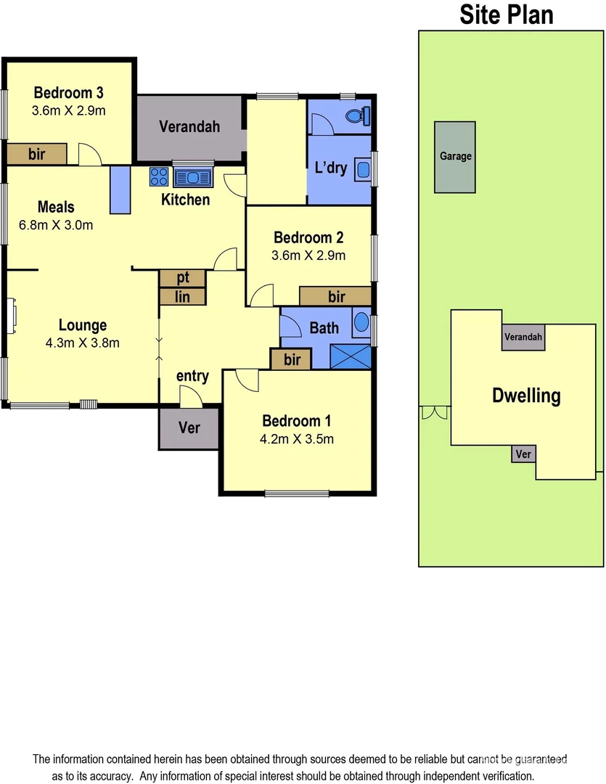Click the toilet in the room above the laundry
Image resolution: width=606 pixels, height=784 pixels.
pyautogui.click(x=358, y=115)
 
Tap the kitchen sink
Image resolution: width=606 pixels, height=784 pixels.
pyautogui.click(x=192, y=176)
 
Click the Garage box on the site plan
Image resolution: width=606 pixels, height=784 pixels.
pyautogui.click(x=455, y=157)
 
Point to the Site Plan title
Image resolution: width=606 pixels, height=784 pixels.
pyautogui.click(x=507, y=15)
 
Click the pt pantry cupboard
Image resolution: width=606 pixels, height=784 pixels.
pyautogui.click(x=183, y=278)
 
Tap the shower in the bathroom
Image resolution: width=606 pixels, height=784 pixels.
pyautogui.click(x=351, y=356)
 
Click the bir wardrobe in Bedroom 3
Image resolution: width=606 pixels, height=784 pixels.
pyautogui.click(x=37, y=154)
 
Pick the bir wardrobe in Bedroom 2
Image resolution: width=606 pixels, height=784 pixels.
pyautogui.click(x=336, y=295)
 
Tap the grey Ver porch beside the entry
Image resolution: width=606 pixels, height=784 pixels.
pyautogui.click(x=189, y=428)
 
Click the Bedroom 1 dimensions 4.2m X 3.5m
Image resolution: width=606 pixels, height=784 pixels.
pyautogui.click(x=298, y=438)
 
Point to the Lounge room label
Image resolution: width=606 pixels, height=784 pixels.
pyautogui.click(x=83, y=325)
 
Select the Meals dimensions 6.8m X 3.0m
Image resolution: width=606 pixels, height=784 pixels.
pyautogui.click(x=56, y=225)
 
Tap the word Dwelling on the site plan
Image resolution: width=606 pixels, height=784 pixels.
pyautogui.click(x=526, y=396)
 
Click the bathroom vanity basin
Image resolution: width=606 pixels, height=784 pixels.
pyautogui.click(x=361, y=323)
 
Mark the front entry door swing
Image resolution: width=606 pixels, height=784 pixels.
pyautogui.click(x=191, y=396)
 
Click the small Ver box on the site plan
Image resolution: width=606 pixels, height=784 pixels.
pyautogui.click(x=523, y=454)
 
